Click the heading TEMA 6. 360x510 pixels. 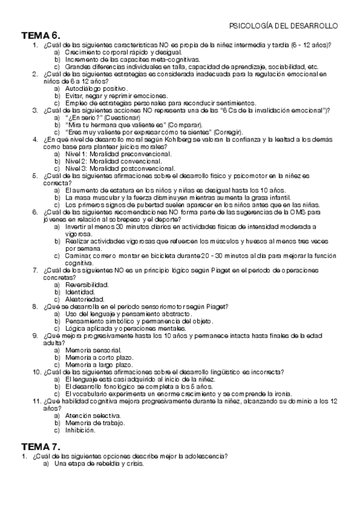click(40, 35)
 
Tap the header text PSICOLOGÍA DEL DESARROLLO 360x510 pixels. click(284, 26)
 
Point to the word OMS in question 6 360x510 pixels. click(288, 212)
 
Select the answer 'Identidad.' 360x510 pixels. click(81, 292)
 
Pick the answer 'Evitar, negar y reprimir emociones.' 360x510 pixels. click(108, 96)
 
